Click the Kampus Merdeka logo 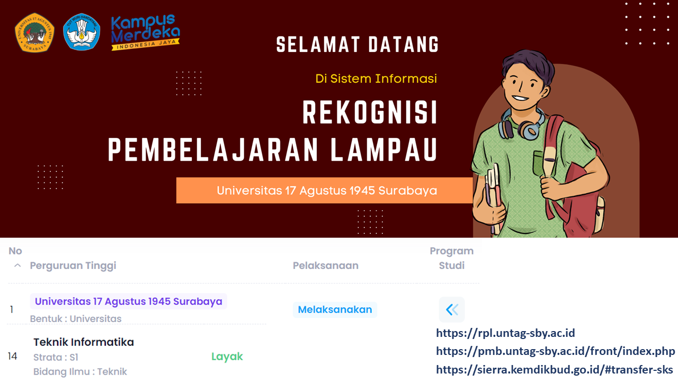[x=145, y=33]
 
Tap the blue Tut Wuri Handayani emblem [x=82, y=31]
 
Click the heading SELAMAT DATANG [x=358, y=45]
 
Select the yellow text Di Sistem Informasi [x=376, y=79]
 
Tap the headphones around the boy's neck [x=522, y=125]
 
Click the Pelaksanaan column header [x=325, y=265]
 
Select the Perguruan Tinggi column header [x=73, y=265]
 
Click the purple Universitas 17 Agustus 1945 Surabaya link [x=128, y=301]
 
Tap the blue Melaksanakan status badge [x=335, y=309]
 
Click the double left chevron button [x=452, y=309]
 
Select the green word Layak [x=227, y=357]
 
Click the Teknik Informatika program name [x=84, y=342]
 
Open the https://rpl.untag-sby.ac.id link [x=505, y=333]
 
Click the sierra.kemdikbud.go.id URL [x=555, y=369]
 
